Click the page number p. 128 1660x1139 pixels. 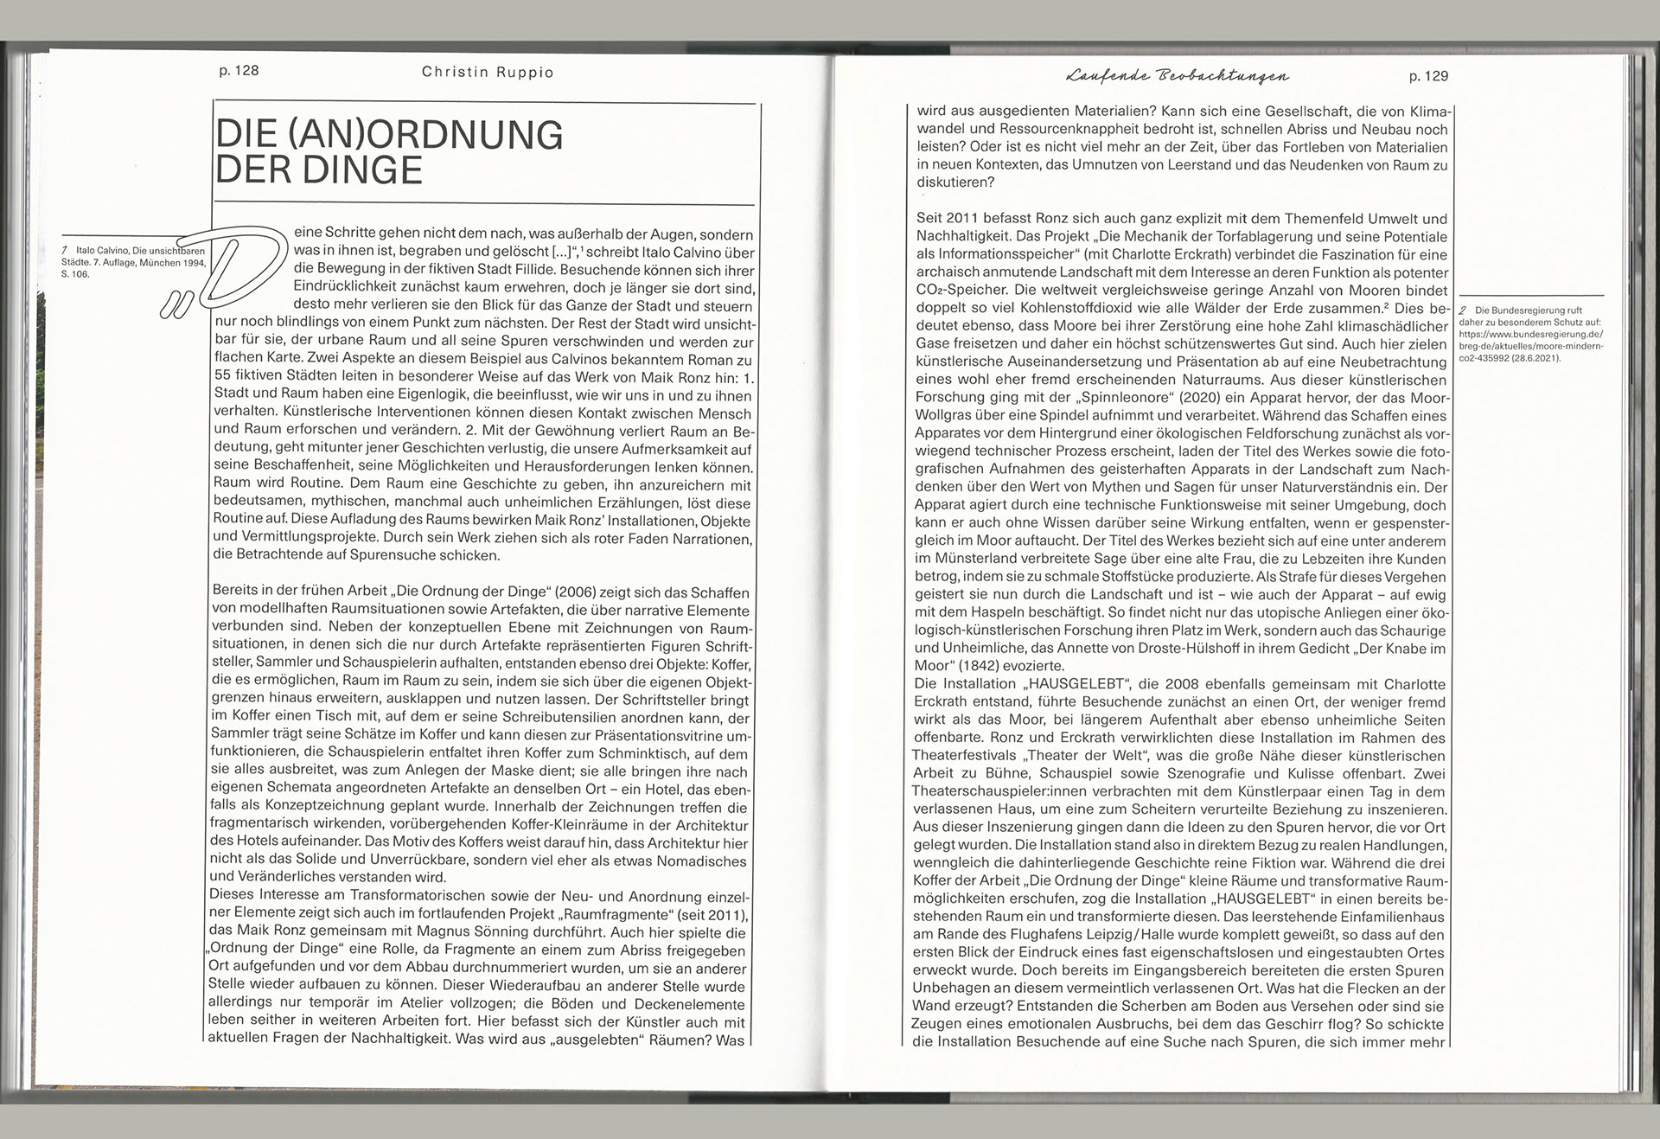[x=239, y=71]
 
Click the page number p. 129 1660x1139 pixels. [x=1428, y=76]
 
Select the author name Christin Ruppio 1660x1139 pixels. [x=488, y=72]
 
